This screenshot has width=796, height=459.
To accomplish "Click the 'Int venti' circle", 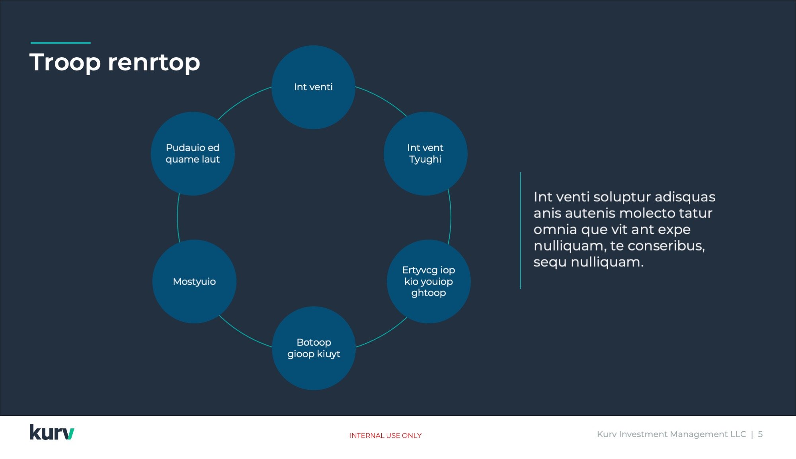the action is pos(313,87).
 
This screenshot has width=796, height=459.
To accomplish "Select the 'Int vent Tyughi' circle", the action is pos(425,154).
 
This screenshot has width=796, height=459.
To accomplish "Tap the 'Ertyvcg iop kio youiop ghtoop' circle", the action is pos(429,282).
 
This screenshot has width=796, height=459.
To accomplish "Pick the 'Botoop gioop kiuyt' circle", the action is pos(314,348).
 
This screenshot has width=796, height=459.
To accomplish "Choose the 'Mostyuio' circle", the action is pos(194,282).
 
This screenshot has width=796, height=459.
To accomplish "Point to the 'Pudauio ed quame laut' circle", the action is pos(193,154).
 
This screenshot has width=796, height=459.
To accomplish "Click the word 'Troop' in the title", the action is pos(65,63).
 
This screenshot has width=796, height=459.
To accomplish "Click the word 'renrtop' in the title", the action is pos(154,63).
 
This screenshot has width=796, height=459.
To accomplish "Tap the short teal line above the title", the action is pos(60,43).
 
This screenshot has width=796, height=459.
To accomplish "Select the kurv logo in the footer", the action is pos(52,432).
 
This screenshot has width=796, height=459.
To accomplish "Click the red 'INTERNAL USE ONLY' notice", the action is pos(385,436).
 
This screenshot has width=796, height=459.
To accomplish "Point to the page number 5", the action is pos(760,434).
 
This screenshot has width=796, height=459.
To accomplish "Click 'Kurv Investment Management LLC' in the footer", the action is pos(671,434).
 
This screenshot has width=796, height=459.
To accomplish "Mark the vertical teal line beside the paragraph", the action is pos(521,231).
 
